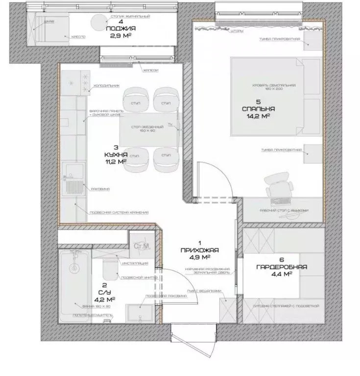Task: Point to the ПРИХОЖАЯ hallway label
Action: click(199, 250)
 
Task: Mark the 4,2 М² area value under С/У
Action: click(105, 299)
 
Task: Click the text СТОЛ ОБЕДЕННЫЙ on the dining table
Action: click(141, 127)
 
